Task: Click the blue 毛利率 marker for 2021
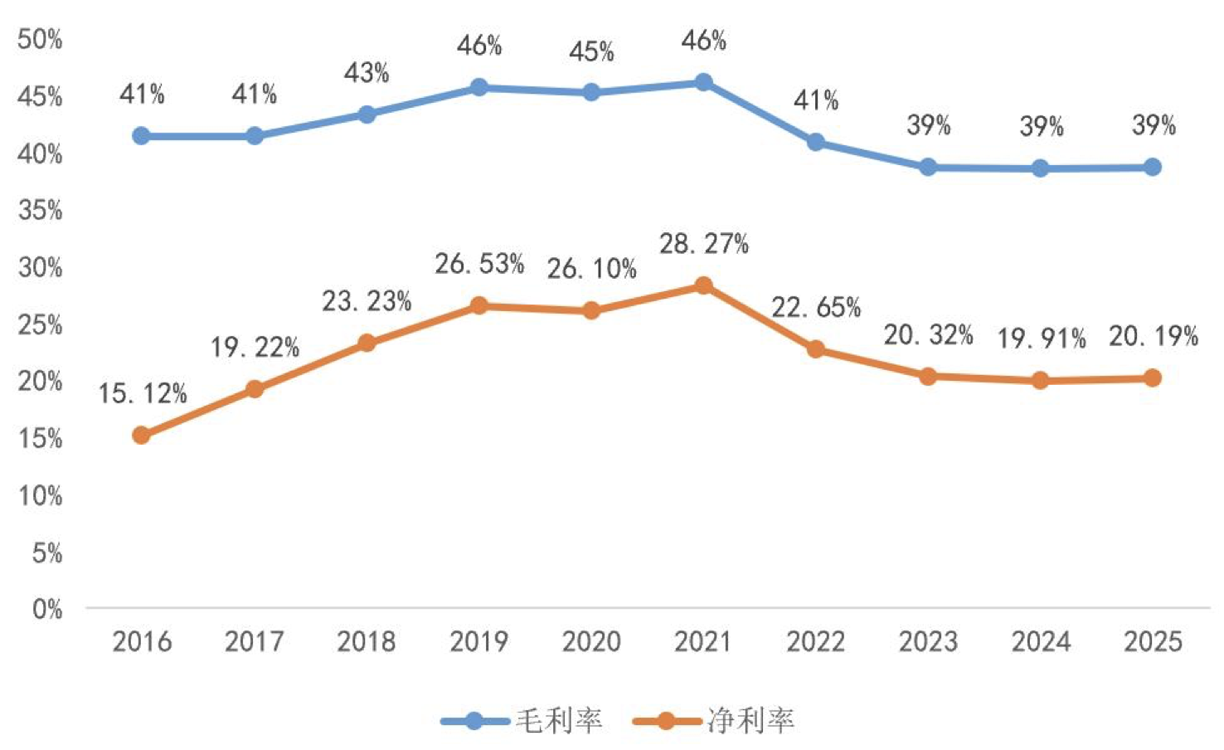click(x=703, y=82)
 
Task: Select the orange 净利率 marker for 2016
click(x=141, y=435)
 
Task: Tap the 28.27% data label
click(x=704, y=244)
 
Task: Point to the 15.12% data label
click(x=143, y=393)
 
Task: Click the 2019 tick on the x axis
click(x=478, y=641)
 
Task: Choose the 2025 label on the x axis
click(x=1153, y=641)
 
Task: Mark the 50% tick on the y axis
click(x=40, y=39)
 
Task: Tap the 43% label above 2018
click(x=367, y=73)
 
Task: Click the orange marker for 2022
click(x=816, y=349)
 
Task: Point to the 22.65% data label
click(x=816, y=308)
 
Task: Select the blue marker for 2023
click(x=928, y=168)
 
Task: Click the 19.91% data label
click(x=1041, y=338)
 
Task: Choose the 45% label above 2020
click(x=591, y=52)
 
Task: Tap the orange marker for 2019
click(x=478, y=305)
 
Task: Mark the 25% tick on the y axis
click(x=40, y=324)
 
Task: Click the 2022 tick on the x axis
click(x=816, y=641)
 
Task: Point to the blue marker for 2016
click(x=141, y=135)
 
